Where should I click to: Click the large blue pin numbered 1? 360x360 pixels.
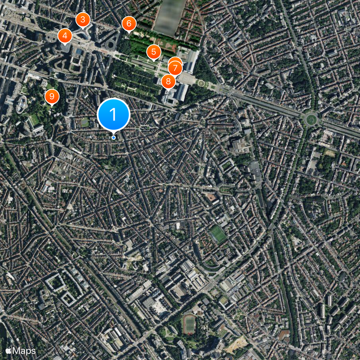coord(113,114)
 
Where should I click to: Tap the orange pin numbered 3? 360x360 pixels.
coord(82,19)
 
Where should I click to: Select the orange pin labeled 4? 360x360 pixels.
coord(65,36)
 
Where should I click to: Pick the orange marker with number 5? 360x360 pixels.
coord(153,52)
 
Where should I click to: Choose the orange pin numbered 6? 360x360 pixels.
coord(129,23)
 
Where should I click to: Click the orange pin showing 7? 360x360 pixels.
coord(175,68)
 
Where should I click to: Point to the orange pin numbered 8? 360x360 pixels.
coord(168,81)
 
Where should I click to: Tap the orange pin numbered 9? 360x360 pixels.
coord(52,96)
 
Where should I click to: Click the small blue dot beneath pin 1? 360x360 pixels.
coord(113,137)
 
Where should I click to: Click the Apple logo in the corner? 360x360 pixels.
coord(8,350)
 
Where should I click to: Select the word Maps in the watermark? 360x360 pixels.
coord(24,350)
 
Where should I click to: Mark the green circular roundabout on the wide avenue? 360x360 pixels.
coord(311,120)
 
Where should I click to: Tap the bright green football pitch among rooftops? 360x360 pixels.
coord(218,234)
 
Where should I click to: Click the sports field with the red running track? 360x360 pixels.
coord(189,323)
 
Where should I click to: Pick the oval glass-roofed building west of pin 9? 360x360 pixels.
coord(21,104)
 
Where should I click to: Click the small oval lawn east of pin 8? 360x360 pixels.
coord(201,83)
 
